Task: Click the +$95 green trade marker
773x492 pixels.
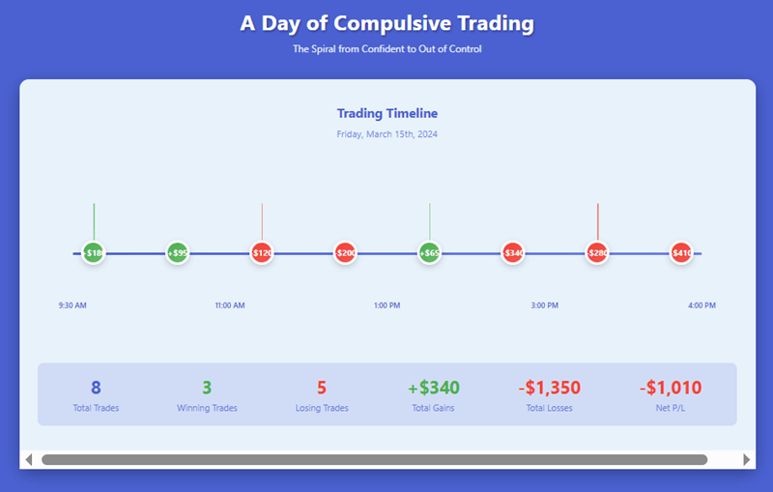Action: [x=177, y=253]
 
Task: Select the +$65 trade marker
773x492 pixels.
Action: [x=430, y=253]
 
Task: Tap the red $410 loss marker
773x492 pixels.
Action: [x=682, y=253]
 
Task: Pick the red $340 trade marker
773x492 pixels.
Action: [x=513, y=253]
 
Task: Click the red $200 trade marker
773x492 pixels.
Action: [x=345, y=253]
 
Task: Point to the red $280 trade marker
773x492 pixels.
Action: [x=597, y=253]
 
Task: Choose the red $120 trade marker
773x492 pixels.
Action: [x=261, y=253]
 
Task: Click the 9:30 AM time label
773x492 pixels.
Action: [x=72, y=305]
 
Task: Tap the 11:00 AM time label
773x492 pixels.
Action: [x=230, y=305]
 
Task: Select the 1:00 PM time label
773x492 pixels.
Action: [x=386, y=305]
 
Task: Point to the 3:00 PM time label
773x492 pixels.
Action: [x=544, y=305]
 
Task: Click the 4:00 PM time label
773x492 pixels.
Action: [x=701, y=305]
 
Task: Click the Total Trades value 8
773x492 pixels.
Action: [x=96, y=388]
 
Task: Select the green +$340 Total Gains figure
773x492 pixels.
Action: [x=434, y=388]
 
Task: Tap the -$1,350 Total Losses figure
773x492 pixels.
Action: [x=550, y=388]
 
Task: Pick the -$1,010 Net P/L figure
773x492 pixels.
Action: [x=671, y=388]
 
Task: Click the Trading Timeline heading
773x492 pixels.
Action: [x=386, y=114]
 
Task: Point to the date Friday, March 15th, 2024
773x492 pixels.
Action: [x=386, y=134]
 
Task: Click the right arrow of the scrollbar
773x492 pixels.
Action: [x=746, y=459]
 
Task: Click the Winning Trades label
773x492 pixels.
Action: [x=207, y=408]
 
